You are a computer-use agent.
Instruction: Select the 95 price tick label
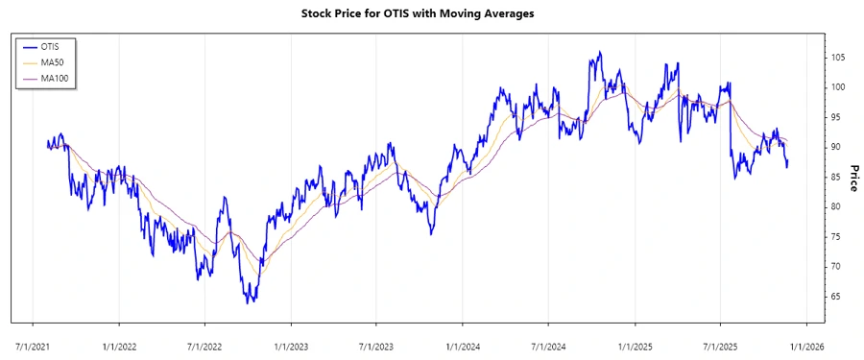coord(837,117)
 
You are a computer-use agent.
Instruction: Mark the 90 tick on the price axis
coord(837,147)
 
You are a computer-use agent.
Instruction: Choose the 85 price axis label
coord(837,177)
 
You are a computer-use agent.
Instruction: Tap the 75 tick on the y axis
coord(837,236)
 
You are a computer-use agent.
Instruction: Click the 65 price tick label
coord(837,296)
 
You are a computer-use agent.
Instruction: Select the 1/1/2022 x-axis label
coord(118,342)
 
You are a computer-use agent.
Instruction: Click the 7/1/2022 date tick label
coord(204,342)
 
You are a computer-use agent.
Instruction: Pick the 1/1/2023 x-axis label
coord(291,342)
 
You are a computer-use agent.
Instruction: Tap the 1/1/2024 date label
coord(463,342)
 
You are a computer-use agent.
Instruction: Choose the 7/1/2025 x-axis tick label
coord(720,342)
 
